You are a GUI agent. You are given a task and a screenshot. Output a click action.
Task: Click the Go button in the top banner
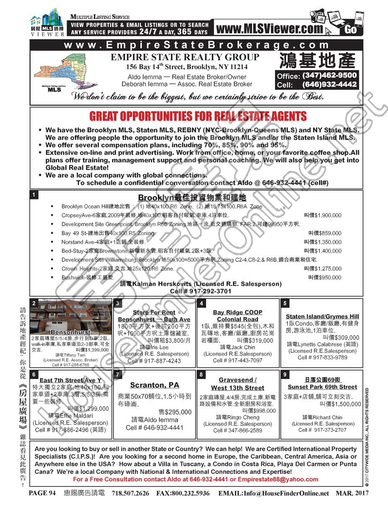(x=351, y=30)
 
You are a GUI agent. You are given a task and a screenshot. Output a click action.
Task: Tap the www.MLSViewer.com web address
(x=270, y=29)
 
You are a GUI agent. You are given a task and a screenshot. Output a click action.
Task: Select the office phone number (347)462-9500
(x=329, y=75)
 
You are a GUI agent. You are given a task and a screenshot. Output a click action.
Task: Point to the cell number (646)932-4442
(x=329, y=85)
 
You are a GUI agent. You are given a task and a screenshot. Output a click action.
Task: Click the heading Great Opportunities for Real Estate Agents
(x=198, y=116)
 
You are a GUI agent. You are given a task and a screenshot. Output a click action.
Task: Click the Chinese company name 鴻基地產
(x=316, y=60)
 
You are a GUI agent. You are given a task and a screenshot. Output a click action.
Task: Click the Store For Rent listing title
(x=154, y=312)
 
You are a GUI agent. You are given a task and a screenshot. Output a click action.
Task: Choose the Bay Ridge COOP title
(x=238, y=312)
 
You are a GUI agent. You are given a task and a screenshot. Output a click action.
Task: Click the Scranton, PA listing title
(x=154, y=385)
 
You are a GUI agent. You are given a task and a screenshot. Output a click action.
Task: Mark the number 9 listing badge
(x=285, y=374)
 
